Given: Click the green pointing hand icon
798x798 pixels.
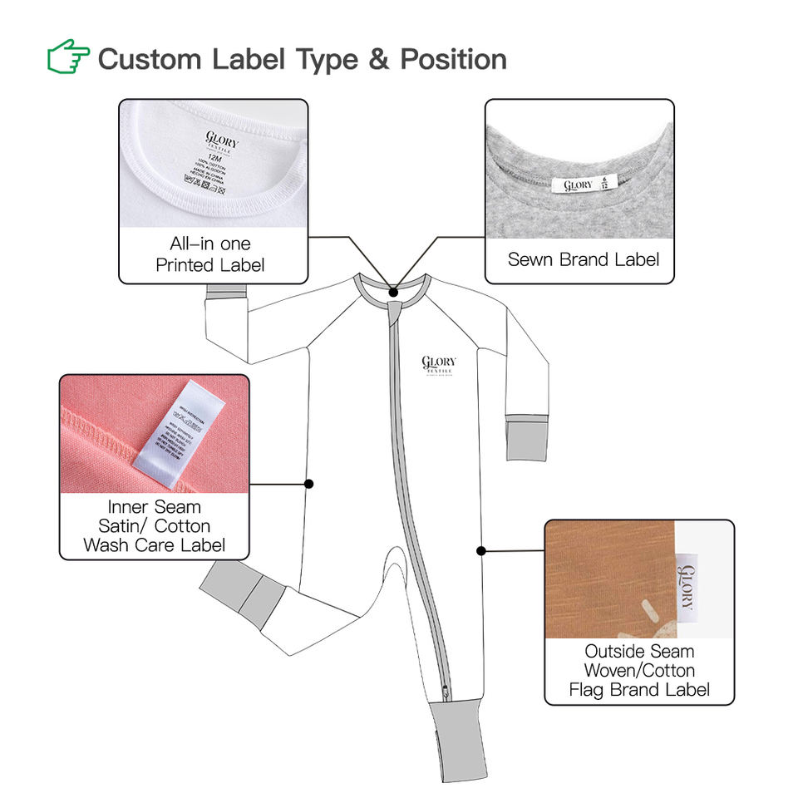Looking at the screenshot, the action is point(68,59).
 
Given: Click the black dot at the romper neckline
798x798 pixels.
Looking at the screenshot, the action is point(393,293).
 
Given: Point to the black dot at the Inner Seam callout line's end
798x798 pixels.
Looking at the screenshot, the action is point(309,483).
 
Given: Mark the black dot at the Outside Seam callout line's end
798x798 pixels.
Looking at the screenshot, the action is point(481,549).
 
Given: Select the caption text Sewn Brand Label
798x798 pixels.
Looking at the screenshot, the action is point(583,259).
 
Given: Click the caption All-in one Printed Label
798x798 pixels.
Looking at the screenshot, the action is point(210,254).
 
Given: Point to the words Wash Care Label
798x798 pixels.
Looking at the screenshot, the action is point(155,545).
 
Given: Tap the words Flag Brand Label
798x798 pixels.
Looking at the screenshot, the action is point(639,689).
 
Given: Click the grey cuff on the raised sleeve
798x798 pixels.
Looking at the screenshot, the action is point(227,292).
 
